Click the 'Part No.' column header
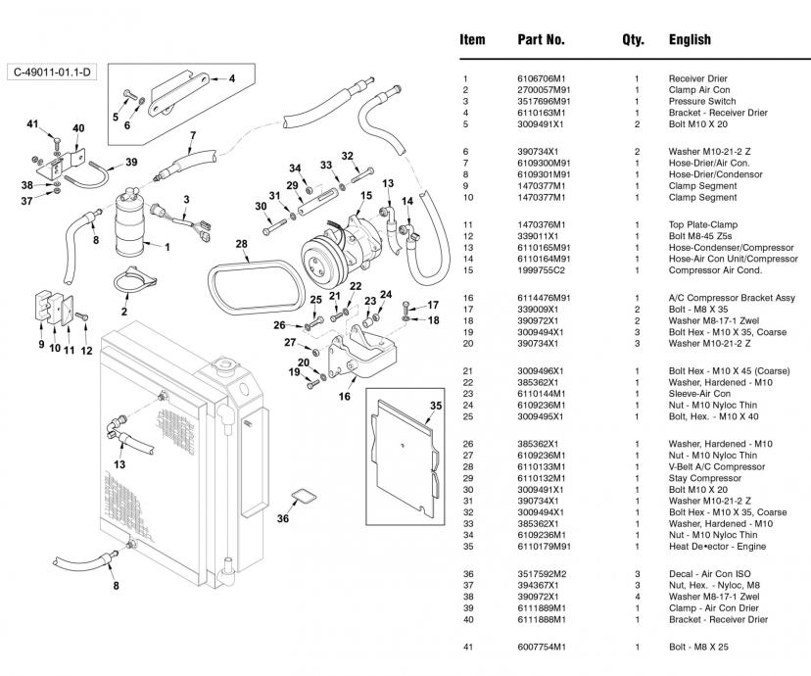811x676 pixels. point(541,40)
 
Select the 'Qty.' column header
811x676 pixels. point(633,40)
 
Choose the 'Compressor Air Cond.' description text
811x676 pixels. point(713,270)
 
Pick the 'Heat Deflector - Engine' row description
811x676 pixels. point(717,547)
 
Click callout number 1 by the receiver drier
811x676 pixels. point(167,247)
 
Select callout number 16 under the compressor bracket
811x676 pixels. point(344,396)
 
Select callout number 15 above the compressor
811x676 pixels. point(365,196)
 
